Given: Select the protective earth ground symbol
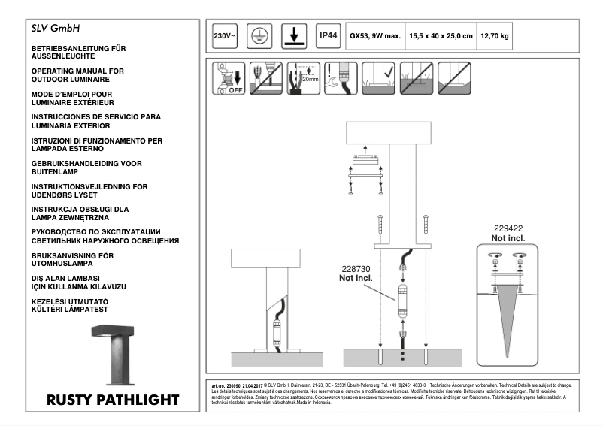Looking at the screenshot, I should pyautogui.click(x=256, y=36).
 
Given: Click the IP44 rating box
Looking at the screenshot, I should pyautogui.click(x=329, y=35).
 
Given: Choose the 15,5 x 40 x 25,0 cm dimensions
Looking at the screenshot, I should pyautogui.click(x=441, y=36).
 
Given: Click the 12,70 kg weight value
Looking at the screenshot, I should pyautogui.click(x=495, y=36).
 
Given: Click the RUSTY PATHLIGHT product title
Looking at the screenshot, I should pyautogui.click(x=113, y=399).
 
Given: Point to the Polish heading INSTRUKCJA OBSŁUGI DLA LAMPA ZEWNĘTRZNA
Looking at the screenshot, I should pyautogui.click(x=80, y=213).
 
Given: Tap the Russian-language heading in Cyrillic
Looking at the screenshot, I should pyautogui.click(x=105, y=236).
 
